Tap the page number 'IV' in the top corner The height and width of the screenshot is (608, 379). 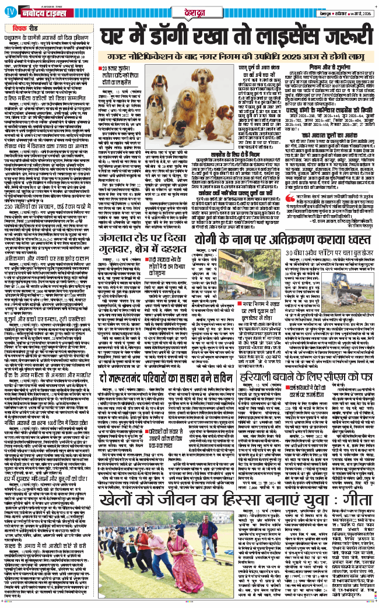point(8,11)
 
